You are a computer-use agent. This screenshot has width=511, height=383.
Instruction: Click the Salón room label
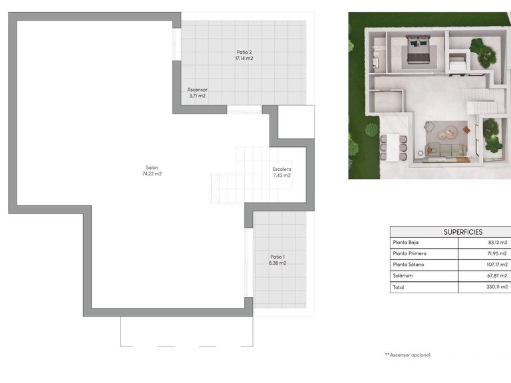pos(152,167)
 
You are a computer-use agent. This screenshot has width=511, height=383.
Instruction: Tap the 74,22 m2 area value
pos(152,174)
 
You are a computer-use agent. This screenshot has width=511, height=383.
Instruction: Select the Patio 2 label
pos(244,52)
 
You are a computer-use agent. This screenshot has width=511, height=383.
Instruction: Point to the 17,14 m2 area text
pos(244,59)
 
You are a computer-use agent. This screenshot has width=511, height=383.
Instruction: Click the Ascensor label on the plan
pos(197,89)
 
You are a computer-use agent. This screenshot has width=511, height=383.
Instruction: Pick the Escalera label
pos(281,169)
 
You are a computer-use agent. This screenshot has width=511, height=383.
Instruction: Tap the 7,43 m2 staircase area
pos(281,176)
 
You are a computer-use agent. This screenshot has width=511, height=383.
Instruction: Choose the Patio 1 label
pos(277,257)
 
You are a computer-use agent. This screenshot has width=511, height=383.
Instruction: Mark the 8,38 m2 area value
pos(277,263)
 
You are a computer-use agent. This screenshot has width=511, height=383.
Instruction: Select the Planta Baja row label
pos(406,243)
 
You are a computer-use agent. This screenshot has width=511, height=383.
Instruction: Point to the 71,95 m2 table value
pos(496,253)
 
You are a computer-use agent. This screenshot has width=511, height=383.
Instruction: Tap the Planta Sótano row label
pos(409,265)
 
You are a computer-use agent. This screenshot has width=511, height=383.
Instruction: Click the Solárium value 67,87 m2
pos(496,275)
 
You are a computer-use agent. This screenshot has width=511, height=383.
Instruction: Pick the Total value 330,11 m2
pos(496,287)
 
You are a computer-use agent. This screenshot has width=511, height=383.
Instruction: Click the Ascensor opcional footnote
pos(407,355)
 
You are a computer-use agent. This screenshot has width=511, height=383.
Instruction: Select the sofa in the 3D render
pos(446,151)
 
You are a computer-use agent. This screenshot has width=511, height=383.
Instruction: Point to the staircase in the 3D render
pos(480,107)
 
